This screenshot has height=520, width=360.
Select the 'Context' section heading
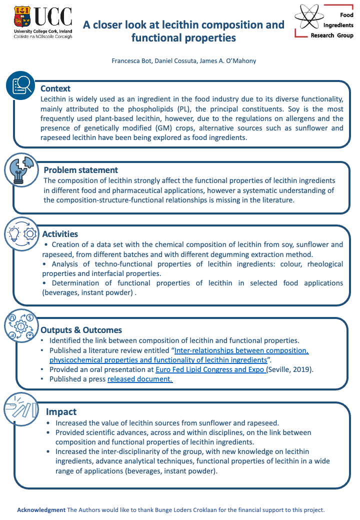coord(55,88)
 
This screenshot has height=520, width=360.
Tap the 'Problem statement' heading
coord(81,170)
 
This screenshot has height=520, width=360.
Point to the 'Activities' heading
coord(60,234)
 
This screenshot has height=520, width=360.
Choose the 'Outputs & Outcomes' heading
coord(81,330)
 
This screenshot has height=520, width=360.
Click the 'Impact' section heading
coord(61,411)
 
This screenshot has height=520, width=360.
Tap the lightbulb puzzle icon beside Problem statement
coord(20,169)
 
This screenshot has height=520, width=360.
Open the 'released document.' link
coord(140,379)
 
